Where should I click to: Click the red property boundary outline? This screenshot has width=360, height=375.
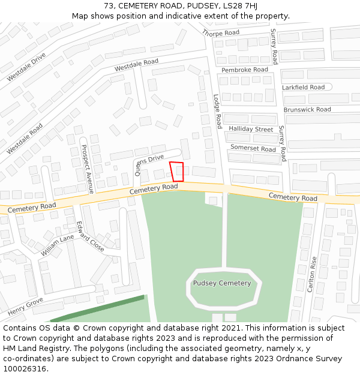point(176,172)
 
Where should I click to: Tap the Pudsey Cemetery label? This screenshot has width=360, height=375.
point(222,283)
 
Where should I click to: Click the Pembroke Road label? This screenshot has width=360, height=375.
point(245,70)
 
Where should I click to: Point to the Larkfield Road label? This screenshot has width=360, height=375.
point(304,87)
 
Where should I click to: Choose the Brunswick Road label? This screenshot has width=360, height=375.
point(307,110)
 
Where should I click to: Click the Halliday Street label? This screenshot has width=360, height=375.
point(251,129)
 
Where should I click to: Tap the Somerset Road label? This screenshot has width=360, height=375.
point(253,148)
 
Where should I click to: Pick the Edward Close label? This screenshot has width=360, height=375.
point(90,236)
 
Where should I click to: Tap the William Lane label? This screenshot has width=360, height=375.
point(58,245)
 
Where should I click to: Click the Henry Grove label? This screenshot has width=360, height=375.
point(25,307)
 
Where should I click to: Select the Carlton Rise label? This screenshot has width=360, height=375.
point(311,274)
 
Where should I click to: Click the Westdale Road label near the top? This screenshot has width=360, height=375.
point(136,65)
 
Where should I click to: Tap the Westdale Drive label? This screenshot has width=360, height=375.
point(26,67)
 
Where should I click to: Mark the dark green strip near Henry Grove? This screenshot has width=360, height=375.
point(96,308)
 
